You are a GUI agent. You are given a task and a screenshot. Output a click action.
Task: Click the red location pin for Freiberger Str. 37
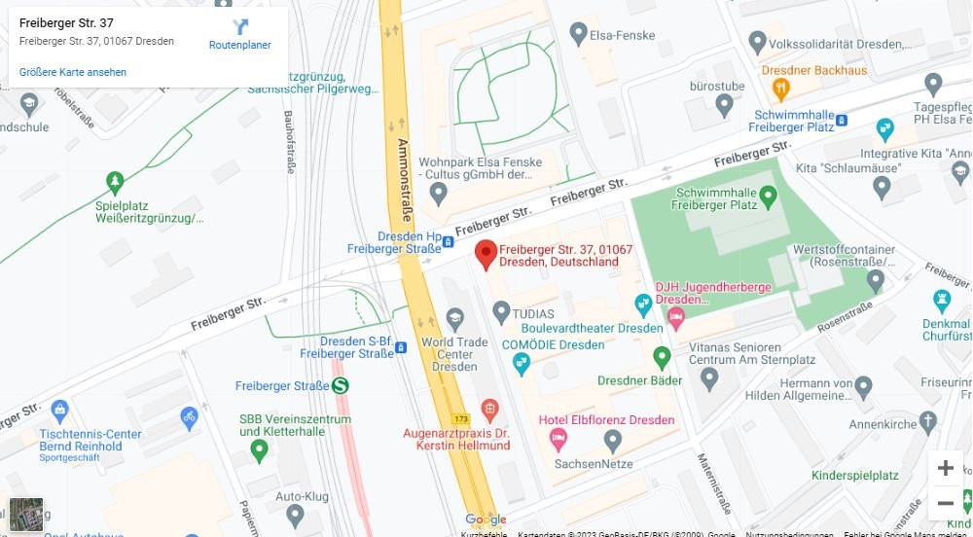[x=486, y=255]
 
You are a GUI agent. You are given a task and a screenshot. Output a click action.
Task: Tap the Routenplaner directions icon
[x=240, y=27]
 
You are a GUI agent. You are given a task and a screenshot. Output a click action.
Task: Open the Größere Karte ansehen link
[x=73, y=72]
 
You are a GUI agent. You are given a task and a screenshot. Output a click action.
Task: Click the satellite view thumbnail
[x=26, y=514]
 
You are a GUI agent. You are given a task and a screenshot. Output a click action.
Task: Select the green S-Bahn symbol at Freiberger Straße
[x=341, y=386]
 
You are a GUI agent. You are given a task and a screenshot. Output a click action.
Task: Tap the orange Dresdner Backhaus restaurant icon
[x=780, y=89]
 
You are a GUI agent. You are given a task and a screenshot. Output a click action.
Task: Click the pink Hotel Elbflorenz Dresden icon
[x=559, y=441]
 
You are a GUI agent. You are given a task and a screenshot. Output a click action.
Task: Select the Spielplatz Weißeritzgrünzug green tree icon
[x=116, y=182]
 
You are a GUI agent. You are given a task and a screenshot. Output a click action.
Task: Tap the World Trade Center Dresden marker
[x=454, y=317]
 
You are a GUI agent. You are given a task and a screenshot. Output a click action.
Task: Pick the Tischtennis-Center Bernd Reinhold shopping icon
[x=60, y=410]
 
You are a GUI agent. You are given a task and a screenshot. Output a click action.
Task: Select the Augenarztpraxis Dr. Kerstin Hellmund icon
[x=490, y=408]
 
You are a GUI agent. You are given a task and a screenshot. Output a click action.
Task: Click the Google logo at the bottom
[x=486, y=519]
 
